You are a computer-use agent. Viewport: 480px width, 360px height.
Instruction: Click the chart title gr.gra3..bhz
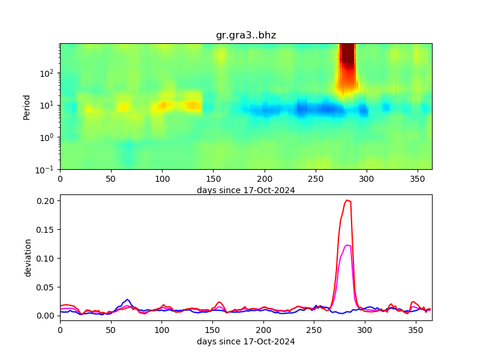246,35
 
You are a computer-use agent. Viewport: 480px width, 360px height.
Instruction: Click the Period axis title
27,106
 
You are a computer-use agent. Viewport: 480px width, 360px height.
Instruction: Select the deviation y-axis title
28,257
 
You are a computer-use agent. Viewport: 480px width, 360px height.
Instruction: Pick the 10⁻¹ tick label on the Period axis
48,169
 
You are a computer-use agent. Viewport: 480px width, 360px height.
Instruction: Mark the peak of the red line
347,200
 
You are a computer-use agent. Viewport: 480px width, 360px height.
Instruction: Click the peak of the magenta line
348,245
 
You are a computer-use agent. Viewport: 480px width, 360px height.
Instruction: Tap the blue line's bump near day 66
127,299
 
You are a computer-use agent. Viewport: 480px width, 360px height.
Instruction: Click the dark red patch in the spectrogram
347,57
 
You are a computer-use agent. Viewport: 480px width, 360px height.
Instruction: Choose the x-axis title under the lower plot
246,341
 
